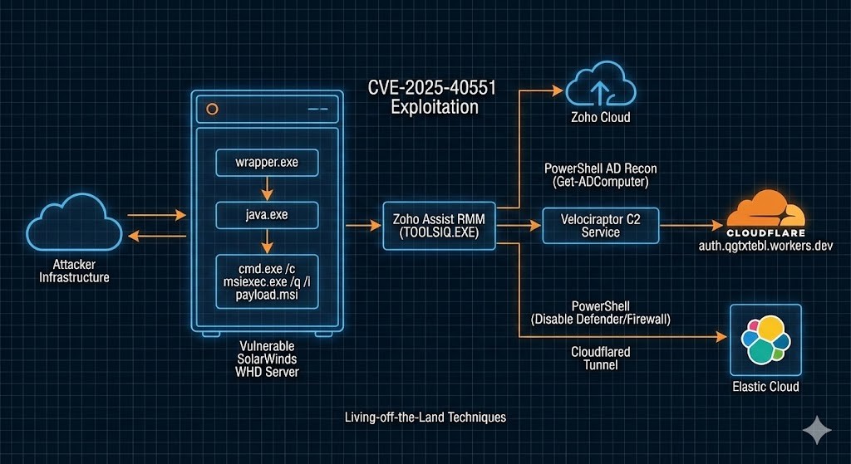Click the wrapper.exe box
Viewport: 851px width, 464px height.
(x=266, y=163)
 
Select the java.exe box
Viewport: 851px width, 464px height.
(x=266, y=216)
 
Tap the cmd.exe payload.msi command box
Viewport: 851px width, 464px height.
(x=266, y=281)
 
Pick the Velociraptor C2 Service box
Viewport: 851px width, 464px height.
(x=600, y=225)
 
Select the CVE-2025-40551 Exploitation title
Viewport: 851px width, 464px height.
(x=424, y=97)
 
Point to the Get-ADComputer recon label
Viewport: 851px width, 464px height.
(x=600, y=175)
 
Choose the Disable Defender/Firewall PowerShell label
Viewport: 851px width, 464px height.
(x=600, y=313)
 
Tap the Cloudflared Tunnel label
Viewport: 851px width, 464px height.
(x=600, y=358)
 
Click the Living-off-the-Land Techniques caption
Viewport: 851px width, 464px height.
(x=425, y=417)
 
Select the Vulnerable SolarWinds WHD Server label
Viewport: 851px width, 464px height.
(x=266, y=358)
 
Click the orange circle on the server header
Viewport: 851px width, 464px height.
(x=211, y=109)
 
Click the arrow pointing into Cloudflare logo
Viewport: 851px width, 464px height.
(x=690, y=225)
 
